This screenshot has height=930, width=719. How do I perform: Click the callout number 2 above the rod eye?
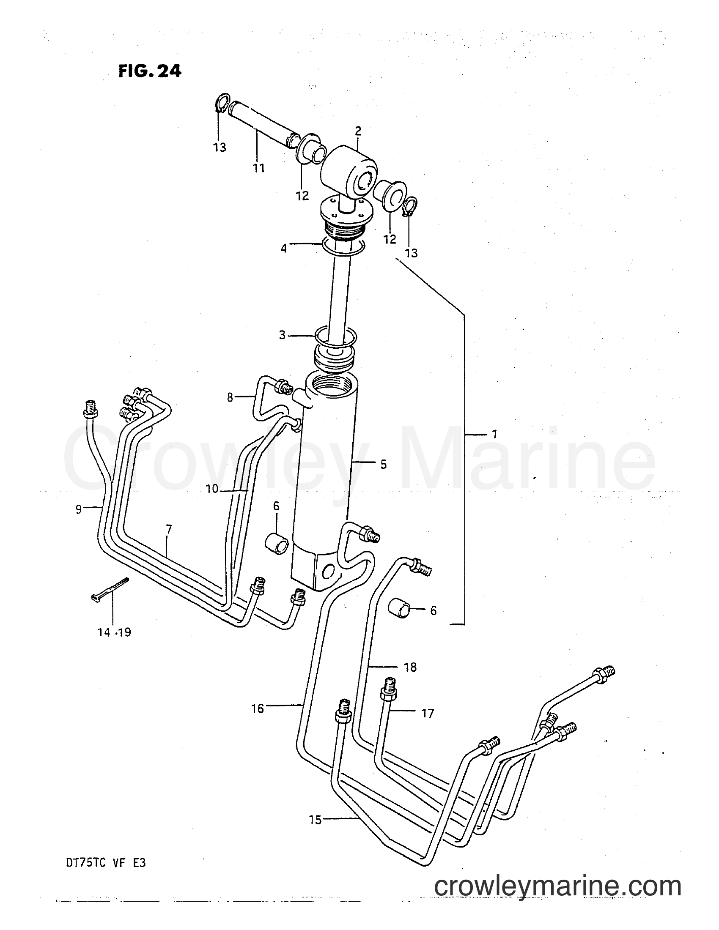(358, 131)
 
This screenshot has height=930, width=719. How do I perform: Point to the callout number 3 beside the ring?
(283, 335)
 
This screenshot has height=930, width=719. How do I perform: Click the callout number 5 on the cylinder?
(383, 464)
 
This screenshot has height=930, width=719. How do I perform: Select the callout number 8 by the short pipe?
(230, 397)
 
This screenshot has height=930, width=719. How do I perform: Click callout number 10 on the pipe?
(212, 489)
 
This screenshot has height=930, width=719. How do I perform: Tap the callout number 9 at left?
(79, 509)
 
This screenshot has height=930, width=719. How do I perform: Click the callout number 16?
(258, 708)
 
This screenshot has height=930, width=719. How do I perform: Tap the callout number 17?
(427, 713)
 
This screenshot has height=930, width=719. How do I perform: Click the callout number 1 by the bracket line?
(494, 434)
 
